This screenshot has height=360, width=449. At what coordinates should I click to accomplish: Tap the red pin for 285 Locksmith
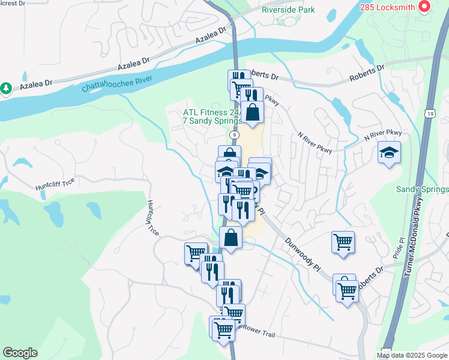coord(425,7)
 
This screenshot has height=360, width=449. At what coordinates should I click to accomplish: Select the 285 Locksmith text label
coord(388,7)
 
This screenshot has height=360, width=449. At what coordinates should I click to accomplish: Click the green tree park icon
coord(7,88)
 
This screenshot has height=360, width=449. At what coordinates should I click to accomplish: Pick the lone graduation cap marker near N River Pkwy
coord(389,152)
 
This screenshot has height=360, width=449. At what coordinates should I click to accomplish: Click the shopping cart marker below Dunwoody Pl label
coord(343,242)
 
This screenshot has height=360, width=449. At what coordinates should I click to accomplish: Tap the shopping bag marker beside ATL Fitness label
coord(253,112)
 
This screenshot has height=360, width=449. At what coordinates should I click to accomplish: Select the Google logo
coord(20,353)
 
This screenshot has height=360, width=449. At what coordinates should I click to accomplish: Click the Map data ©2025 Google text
coord(411,355)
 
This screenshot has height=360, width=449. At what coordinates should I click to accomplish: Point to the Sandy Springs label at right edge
coord(422,190)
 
